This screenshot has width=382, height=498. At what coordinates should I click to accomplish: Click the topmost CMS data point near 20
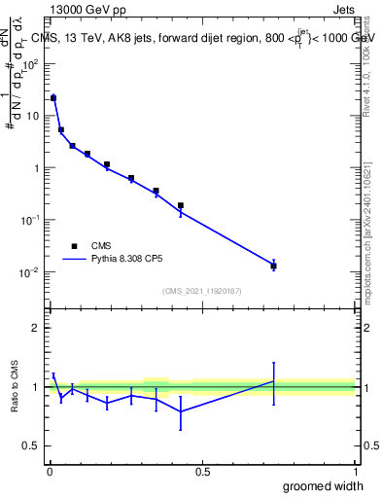pos(53,98)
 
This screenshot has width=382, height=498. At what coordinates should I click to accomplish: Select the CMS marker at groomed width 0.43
pos(181,205)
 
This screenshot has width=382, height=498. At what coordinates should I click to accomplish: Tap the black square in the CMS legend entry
pos(71,246)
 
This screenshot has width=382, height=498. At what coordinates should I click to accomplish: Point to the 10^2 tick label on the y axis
pos(29,64)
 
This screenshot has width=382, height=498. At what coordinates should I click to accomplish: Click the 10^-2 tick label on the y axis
pos(29,272)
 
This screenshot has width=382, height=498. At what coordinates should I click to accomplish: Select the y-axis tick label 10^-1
pos(29,220)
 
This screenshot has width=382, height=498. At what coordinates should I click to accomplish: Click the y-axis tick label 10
pos(32,116)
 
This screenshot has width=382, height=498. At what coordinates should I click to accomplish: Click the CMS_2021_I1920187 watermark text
pos(201,291)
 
